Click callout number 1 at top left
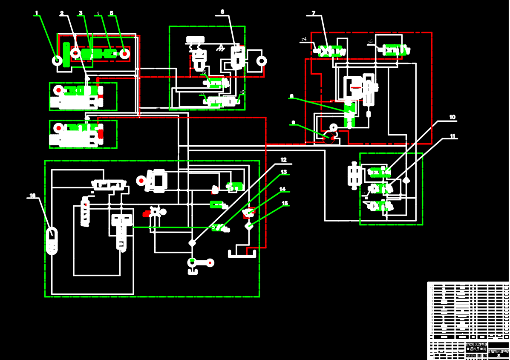coord(37,13)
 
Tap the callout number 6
coord(222,12)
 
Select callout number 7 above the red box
coord(314,13)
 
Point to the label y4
coord(304,39)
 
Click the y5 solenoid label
coord(370,42)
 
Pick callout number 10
coord(452,117)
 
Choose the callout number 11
coord(452,136)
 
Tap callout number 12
coord(284,160)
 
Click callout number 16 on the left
coord(32,196)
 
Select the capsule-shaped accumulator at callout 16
coord(52,241)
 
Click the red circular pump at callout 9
coord(328,138)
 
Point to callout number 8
coord(291,97)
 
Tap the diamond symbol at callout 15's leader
coord(249,225)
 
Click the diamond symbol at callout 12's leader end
coord(192,243)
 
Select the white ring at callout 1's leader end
coord(57,60)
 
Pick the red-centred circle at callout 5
coord(124,54)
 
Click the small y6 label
coord(204,72)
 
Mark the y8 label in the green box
coord(242,92)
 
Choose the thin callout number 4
coord(98,14)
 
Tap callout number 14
coord(282,189)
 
